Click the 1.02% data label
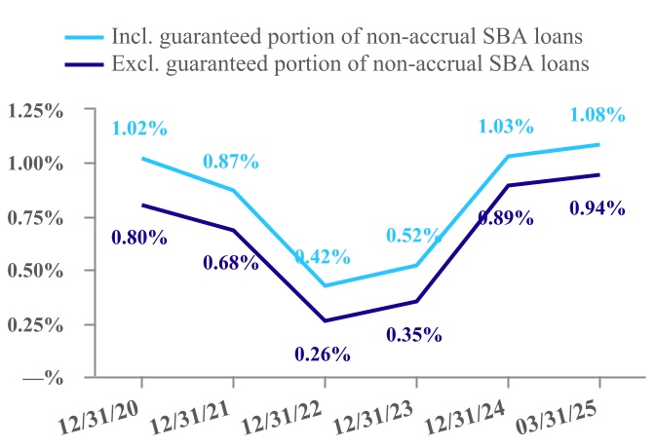pos(140,128)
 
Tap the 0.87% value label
pos(231,161)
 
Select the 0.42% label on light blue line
pos(323,256)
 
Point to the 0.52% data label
pos(414,235)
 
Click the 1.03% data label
pos(506,126)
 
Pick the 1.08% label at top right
pos(597,114)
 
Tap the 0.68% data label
pos(230,262)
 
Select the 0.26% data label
pos(322,354)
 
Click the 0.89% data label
pos(505,217)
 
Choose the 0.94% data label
pos(597,206)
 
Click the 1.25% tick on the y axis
pos(36,110)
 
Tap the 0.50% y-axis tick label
pos(36,270)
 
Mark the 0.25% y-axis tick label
pos(36,323)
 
